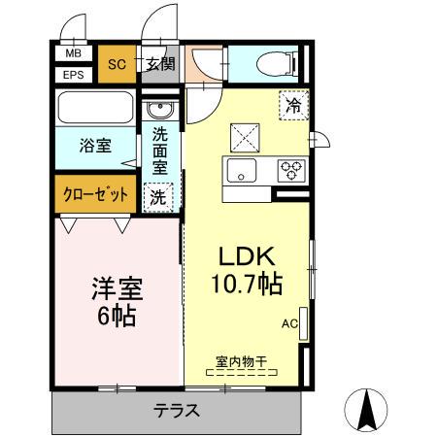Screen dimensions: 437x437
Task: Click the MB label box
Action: click(74, 55)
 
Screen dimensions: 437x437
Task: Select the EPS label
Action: click(74, 75)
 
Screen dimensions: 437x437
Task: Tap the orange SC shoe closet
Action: click(117, 65)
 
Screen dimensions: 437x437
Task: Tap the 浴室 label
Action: click(94, 146)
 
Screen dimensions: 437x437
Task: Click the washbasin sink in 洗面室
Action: click(160, 108)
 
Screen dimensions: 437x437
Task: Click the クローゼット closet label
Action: click(96, 193)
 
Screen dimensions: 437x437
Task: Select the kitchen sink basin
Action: click(239, 172)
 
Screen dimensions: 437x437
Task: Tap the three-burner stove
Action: click(288, 171)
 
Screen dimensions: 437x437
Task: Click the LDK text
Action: click(246, 257)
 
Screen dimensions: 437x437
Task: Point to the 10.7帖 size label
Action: click(246, 285)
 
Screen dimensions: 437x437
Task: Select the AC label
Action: click(288, 323)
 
